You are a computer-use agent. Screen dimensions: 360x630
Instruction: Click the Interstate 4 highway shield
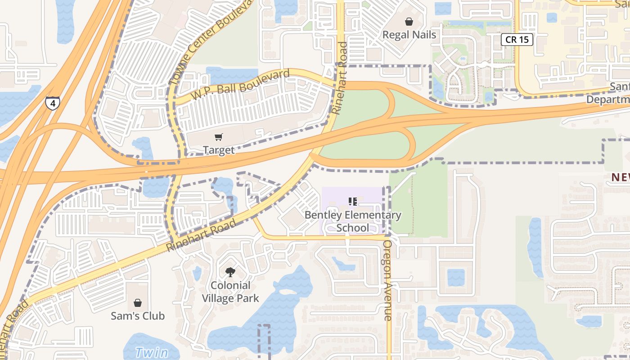click(53, 103)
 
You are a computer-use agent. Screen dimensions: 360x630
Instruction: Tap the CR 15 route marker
click(517, 40)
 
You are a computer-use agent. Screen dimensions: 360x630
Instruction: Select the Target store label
click(219, 150)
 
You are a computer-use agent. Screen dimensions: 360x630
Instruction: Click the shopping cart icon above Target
click(219, 137)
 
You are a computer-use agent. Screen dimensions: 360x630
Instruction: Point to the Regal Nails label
click(409, 35)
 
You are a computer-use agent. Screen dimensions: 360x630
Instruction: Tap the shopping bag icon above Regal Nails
click(409, 22)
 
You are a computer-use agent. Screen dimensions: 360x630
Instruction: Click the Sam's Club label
click(138, 316)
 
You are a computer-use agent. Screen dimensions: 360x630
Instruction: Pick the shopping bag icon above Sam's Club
click(138, 303)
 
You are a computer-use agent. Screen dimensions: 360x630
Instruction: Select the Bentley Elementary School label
click(353, 221)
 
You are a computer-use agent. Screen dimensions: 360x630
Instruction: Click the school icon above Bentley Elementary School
click(353, 201)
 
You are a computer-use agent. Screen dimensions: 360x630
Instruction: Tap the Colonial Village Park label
click(230, 292)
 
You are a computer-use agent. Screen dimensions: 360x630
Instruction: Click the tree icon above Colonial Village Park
click(230, 272)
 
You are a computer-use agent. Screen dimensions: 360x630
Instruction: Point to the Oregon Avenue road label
click(387, 280)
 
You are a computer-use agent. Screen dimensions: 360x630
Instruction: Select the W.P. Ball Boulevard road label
click(240, 85)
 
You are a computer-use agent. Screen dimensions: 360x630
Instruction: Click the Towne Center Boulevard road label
click(210, 44)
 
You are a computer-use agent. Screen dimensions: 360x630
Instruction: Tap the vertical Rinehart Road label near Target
click(339, 78)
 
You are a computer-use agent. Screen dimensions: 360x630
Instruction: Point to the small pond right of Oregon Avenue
click(455, 277)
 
